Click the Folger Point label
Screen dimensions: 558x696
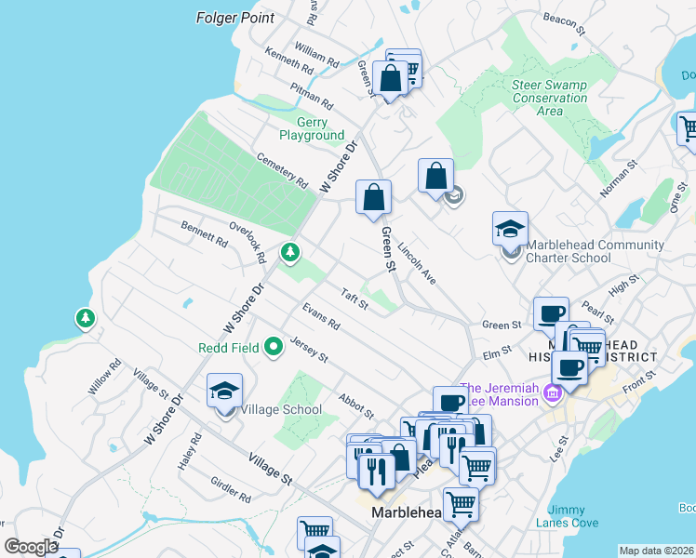[x=236, y=18]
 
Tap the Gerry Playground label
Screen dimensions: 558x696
[x=306, y=129]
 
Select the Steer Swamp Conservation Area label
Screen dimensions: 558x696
[x=549, y=98]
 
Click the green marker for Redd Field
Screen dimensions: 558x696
[x=273, y=348]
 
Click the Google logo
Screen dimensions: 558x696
[x=31, y=547]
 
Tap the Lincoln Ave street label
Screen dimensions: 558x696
[x=416, y=263]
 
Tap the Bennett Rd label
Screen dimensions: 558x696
[x=204, y=233]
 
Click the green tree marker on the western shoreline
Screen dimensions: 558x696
[x=86, y=319]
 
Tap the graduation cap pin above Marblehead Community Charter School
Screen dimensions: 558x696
[x=510, y=228]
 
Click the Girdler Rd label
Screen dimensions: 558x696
[x=230, y=491]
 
